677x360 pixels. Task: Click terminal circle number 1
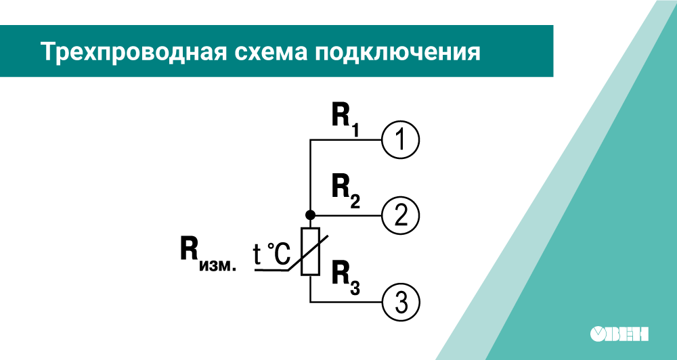coord(401,140)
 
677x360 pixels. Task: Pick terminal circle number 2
coord(401,216)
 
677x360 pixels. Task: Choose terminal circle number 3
coord(401,300)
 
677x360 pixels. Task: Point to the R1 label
coord(345,118)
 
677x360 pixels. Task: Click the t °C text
coord(271,254)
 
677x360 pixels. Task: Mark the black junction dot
coord(310,215)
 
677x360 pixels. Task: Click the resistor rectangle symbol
coord(310,251)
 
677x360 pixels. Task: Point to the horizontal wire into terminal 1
coord(345,140)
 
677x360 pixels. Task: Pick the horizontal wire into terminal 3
coord(345,300)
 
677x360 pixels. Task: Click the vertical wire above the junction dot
coord(310,176)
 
